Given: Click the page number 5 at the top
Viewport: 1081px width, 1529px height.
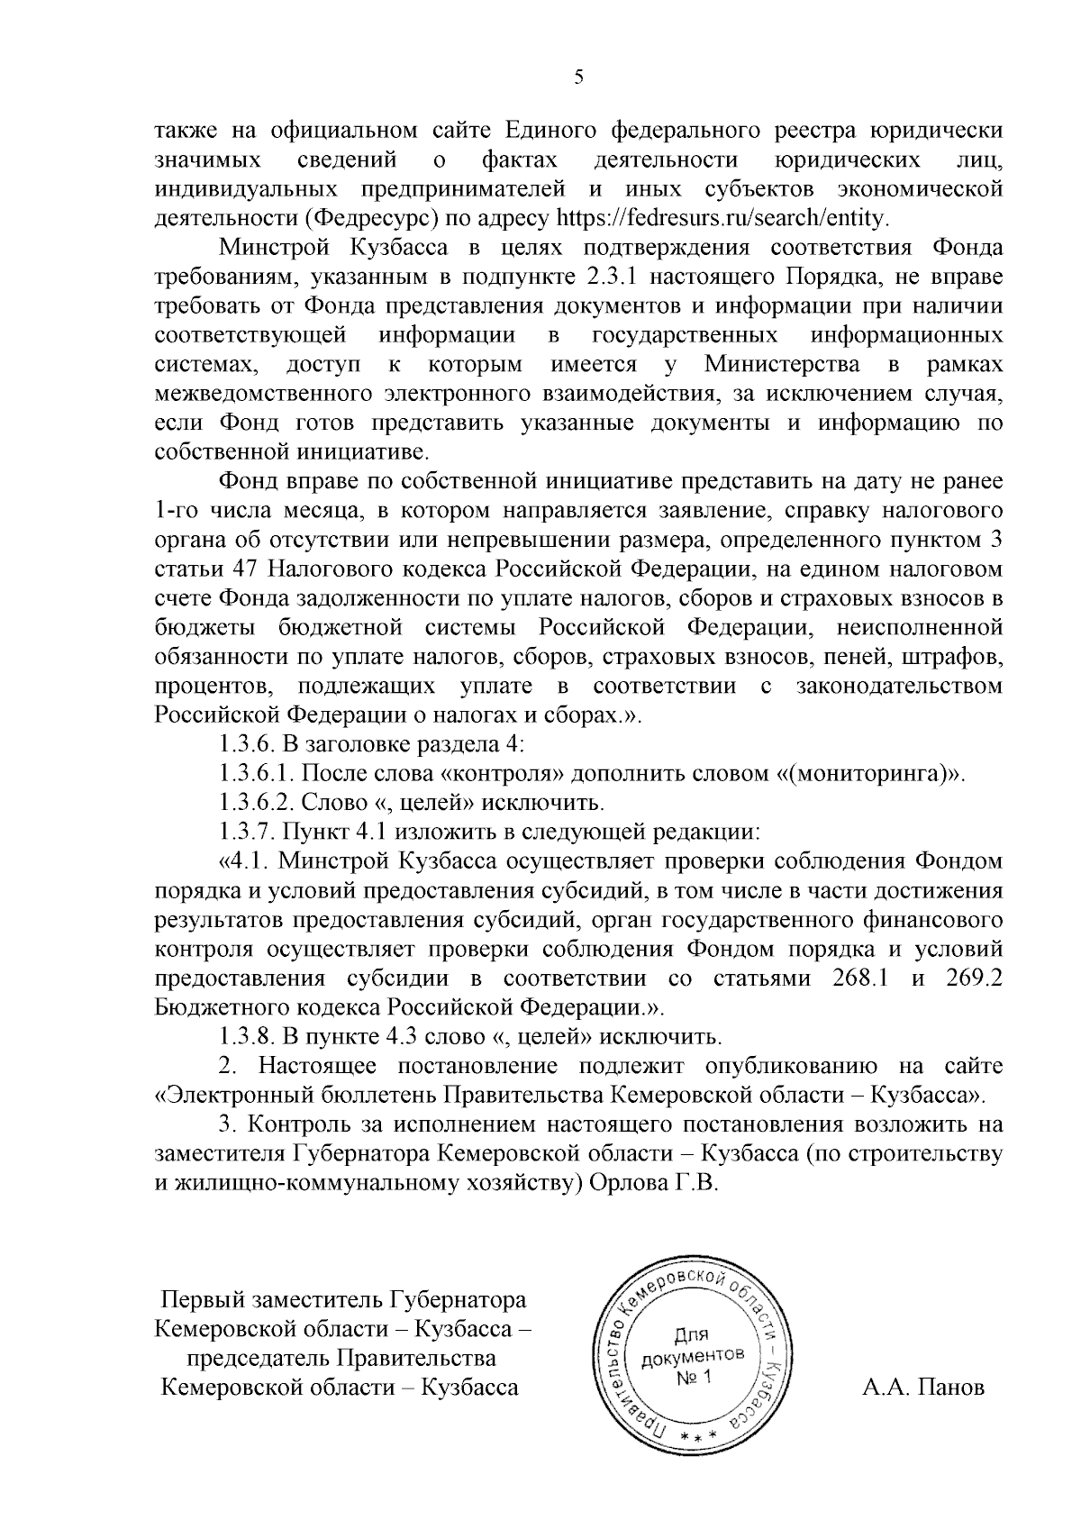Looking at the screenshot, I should coord(578,78).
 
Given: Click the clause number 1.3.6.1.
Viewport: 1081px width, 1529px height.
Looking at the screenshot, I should coord(255,773).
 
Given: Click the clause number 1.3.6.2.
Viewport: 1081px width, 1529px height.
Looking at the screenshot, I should coord(255,802).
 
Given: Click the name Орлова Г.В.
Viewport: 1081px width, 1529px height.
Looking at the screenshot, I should coord(653,1183).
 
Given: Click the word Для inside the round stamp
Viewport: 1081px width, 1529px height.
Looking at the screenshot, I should coord(692,1333).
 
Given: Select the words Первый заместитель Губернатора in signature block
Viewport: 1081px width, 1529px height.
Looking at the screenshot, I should coord(342,1300).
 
